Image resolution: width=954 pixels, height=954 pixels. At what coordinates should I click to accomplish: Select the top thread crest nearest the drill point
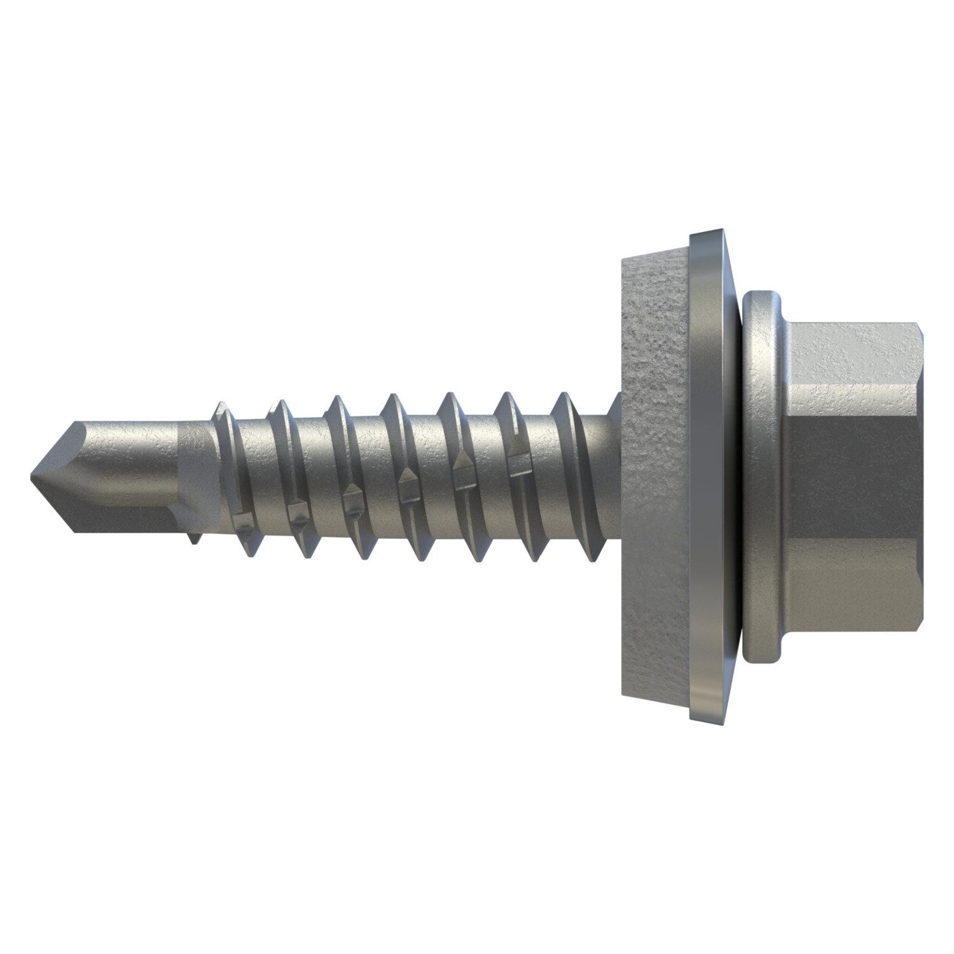click(x=220, y=407)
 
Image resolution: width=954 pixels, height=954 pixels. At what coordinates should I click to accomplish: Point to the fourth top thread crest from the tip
click(x=392, y=401)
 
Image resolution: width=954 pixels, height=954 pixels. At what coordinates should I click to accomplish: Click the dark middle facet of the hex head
click(x=852, y=477)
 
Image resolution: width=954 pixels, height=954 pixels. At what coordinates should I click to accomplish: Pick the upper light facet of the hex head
click(x=852, y=369)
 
